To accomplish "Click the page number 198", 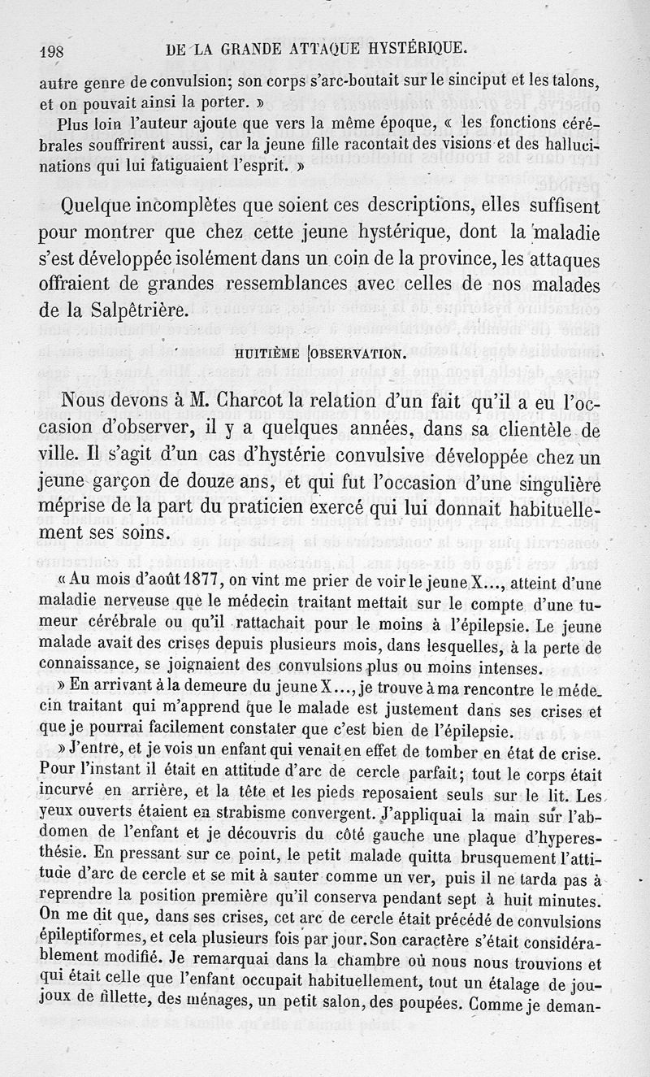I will point(56,50).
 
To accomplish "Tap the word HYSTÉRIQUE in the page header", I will point(412,48).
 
